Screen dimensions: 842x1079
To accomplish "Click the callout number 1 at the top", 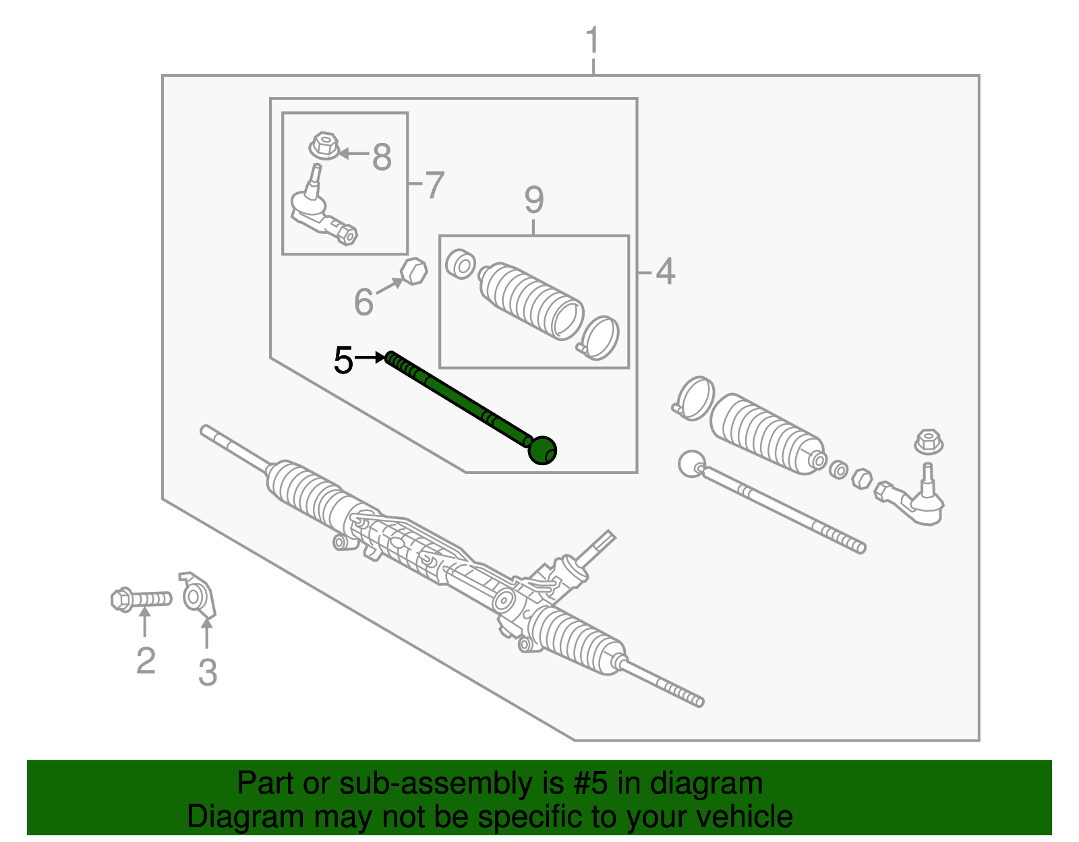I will (x=592, y=42).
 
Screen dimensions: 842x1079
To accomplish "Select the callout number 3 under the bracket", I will (x=208, y=672).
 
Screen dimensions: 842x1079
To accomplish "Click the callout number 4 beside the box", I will (x=665, y=272).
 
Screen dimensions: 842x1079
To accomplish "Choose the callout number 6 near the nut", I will (x=363, y=301).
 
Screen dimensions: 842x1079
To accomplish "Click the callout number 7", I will (x=435, y=185).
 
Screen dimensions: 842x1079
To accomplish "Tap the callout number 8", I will (x=382, y=158).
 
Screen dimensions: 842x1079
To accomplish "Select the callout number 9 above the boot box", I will (x=533, y=200).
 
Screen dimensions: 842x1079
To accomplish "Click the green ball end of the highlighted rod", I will (x=542, y=450).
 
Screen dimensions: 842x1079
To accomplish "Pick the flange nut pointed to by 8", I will (x=324, y=146).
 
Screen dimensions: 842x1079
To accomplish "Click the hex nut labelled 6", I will (x=413, y=271).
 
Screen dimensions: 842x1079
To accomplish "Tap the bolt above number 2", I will (x=140, y=599).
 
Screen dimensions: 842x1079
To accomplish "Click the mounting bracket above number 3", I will (x=198, y=596).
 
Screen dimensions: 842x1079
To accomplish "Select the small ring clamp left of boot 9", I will (x=461, y=264).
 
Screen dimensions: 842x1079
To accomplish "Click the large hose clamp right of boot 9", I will (x=600, y=337).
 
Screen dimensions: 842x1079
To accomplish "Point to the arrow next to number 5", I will (x=370, y=357).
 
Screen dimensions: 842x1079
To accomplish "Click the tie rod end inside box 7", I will (x=320, y=209).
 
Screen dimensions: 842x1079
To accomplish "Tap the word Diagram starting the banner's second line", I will (x=227, y=817).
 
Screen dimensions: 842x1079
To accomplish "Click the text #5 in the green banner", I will (x=591, y=784).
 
